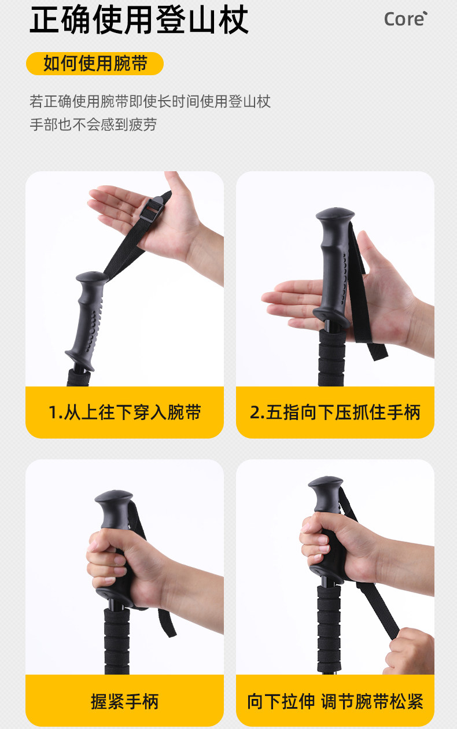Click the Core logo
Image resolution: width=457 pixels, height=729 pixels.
point(406,19)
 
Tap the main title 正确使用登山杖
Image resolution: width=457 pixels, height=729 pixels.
point(139,20)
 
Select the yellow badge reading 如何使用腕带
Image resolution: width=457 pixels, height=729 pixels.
point(95,64)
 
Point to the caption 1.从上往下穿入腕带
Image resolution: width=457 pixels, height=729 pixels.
point(125,412)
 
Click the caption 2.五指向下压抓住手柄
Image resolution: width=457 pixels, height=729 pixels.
point(336,412)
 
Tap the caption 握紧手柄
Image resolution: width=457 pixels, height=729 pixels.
point(125,701)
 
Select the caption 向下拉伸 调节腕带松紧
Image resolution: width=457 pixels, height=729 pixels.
point(336,701)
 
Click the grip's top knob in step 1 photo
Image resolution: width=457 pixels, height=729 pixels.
point(92,277)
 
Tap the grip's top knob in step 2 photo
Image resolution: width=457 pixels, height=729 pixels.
point(335,215)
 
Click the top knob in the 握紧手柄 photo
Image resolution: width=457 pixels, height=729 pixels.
point(113,499)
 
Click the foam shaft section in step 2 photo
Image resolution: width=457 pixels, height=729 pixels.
point(331,358)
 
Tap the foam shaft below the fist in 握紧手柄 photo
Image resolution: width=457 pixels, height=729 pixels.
point(117,640)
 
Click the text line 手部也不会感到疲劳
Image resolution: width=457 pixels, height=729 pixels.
point(93,124)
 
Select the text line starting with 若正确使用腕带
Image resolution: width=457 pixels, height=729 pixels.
point(150,101)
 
